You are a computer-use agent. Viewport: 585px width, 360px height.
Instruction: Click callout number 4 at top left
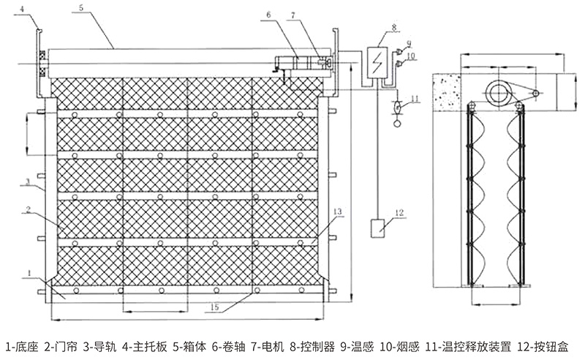coord(23,9)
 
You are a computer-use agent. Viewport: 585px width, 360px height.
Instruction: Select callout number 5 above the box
coord(80,7)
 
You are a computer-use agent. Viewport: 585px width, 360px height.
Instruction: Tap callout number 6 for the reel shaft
coord(268,14)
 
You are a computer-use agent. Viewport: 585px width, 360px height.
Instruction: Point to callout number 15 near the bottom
coord(213,308)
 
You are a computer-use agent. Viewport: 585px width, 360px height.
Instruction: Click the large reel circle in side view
coord(500,92)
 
